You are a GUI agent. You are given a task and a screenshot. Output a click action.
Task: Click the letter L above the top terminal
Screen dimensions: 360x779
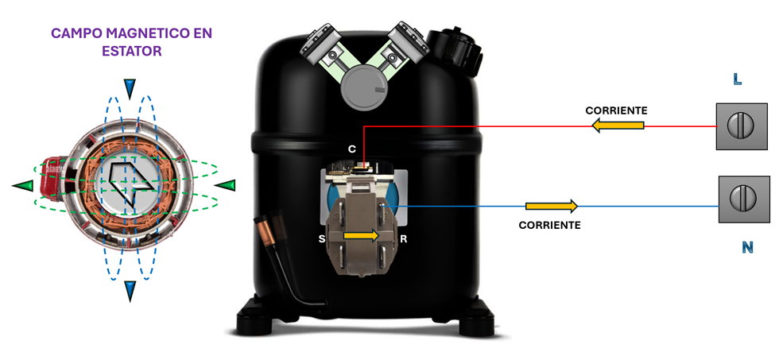738,79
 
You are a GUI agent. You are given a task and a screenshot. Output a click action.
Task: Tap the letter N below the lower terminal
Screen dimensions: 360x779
746,247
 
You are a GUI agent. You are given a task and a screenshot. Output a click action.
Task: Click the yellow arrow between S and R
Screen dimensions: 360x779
362,235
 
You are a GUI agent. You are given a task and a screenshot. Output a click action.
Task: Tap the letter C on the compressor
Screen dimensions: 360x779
352,149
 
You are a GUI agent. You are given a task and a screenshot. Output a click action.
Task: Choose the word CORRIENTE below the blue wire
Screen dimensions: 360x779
549,225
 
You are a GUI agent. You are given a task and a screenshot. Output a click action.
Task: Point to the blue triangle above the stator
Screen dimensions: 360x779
130,88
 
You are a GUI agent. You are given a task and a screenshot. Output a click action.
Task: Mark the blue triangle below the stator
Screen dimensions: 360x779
130,292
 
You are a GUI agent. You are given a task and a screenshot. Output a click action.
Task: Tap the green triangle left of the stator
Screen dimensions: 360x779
23,185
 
